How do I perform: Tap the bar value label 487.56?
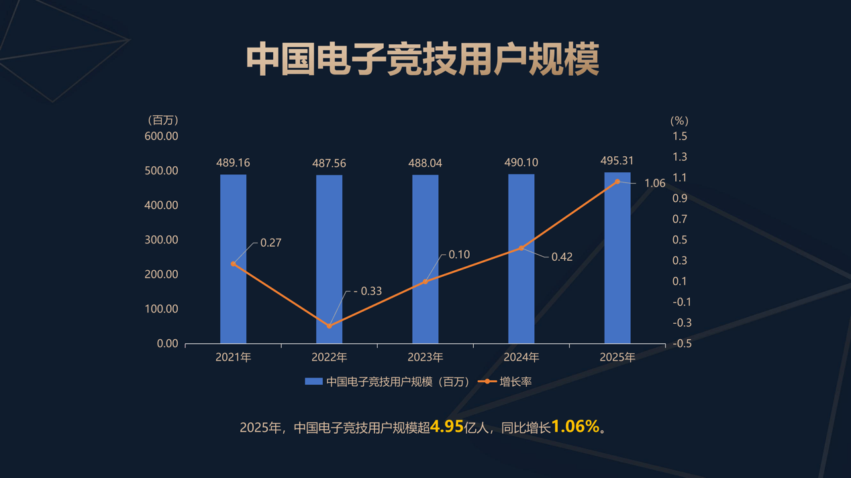click(329, 164)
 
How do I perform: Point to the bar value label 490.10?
click(521, 163)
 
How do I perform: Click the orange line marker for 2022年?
click(329, 326)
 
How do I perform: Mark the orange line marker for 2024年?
click(521, 248)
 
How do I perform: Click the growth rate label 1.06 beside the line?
click(654, 183)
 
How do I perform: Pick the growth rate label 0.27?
click(270, 243)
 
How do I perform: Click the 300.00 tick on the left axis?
click(161, 240)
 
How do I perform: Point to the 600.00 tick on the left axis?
click(161, 136)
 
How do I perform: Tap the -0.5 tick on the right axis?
click(681, 343)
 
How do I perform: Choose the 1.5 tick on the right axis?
click(680, 136)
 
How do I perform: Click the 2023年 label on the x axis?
click(425, 357)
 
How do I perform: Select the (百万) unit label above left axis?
click(162, 121)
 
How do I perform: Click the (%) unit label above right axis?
click(679, 121)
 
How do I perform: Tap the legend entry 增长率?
click(515, 381)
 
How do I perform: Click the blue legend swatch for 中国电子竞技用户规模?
click(313, 381)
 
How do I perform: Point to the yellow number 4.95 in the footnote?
click(446, 426)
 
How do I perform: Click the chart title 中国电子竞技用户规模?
click(423, 59)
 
